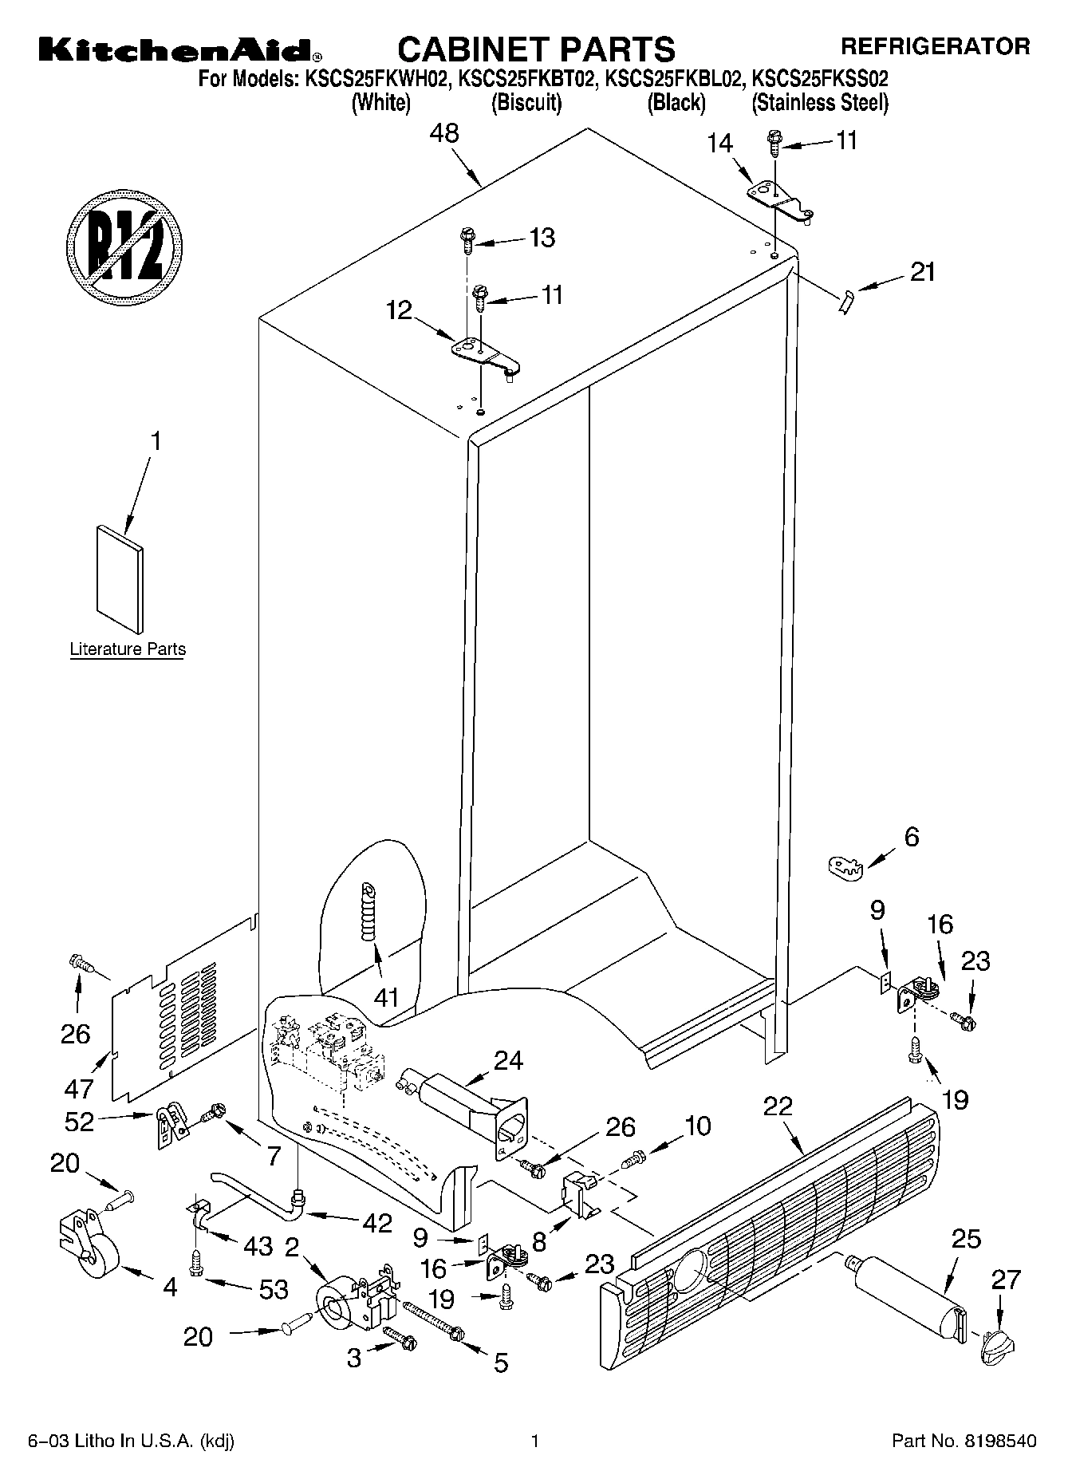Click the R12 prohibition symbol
[x=124, y=243]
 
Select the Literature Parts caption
[x=128, y=649]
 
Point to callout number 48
[x=444, y=133]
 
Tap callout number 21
[x=922, y=272]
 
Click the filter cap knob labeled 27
[x=997, y=1344]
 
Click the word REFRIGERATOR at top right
[x=935, y=46]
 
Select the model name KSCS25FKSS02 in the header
[x=820, y=78]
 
